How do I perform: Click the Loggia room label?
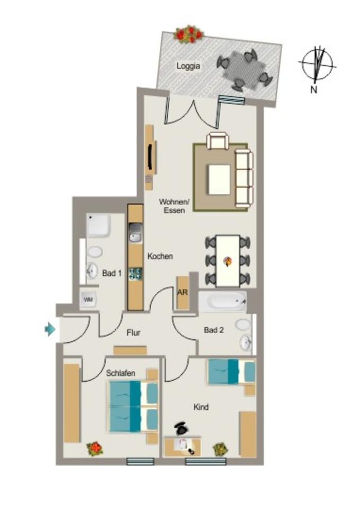188,66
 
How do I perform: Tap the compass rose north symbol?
317,65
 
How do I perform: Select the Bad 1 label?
112,274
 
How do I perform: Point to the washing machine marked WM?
88,300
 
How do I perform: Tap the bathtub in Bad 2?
223,302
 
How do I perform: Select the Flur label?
134,333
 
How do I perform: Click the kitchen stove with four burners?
136,274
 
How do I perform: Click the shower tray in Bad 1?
98,225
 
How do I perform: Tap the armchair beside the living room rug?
218,141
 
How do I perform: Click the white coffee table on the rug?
219,179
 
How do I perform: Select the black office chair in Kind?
182,427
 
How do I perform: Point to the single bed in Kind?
231,371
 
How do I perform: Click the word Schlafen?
120,373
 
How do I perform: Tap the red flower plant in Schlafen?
95,449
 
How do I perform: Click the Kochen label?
160,256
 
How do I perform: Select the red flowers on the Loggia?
189,34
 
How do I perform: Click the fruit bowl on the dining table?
228,260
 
